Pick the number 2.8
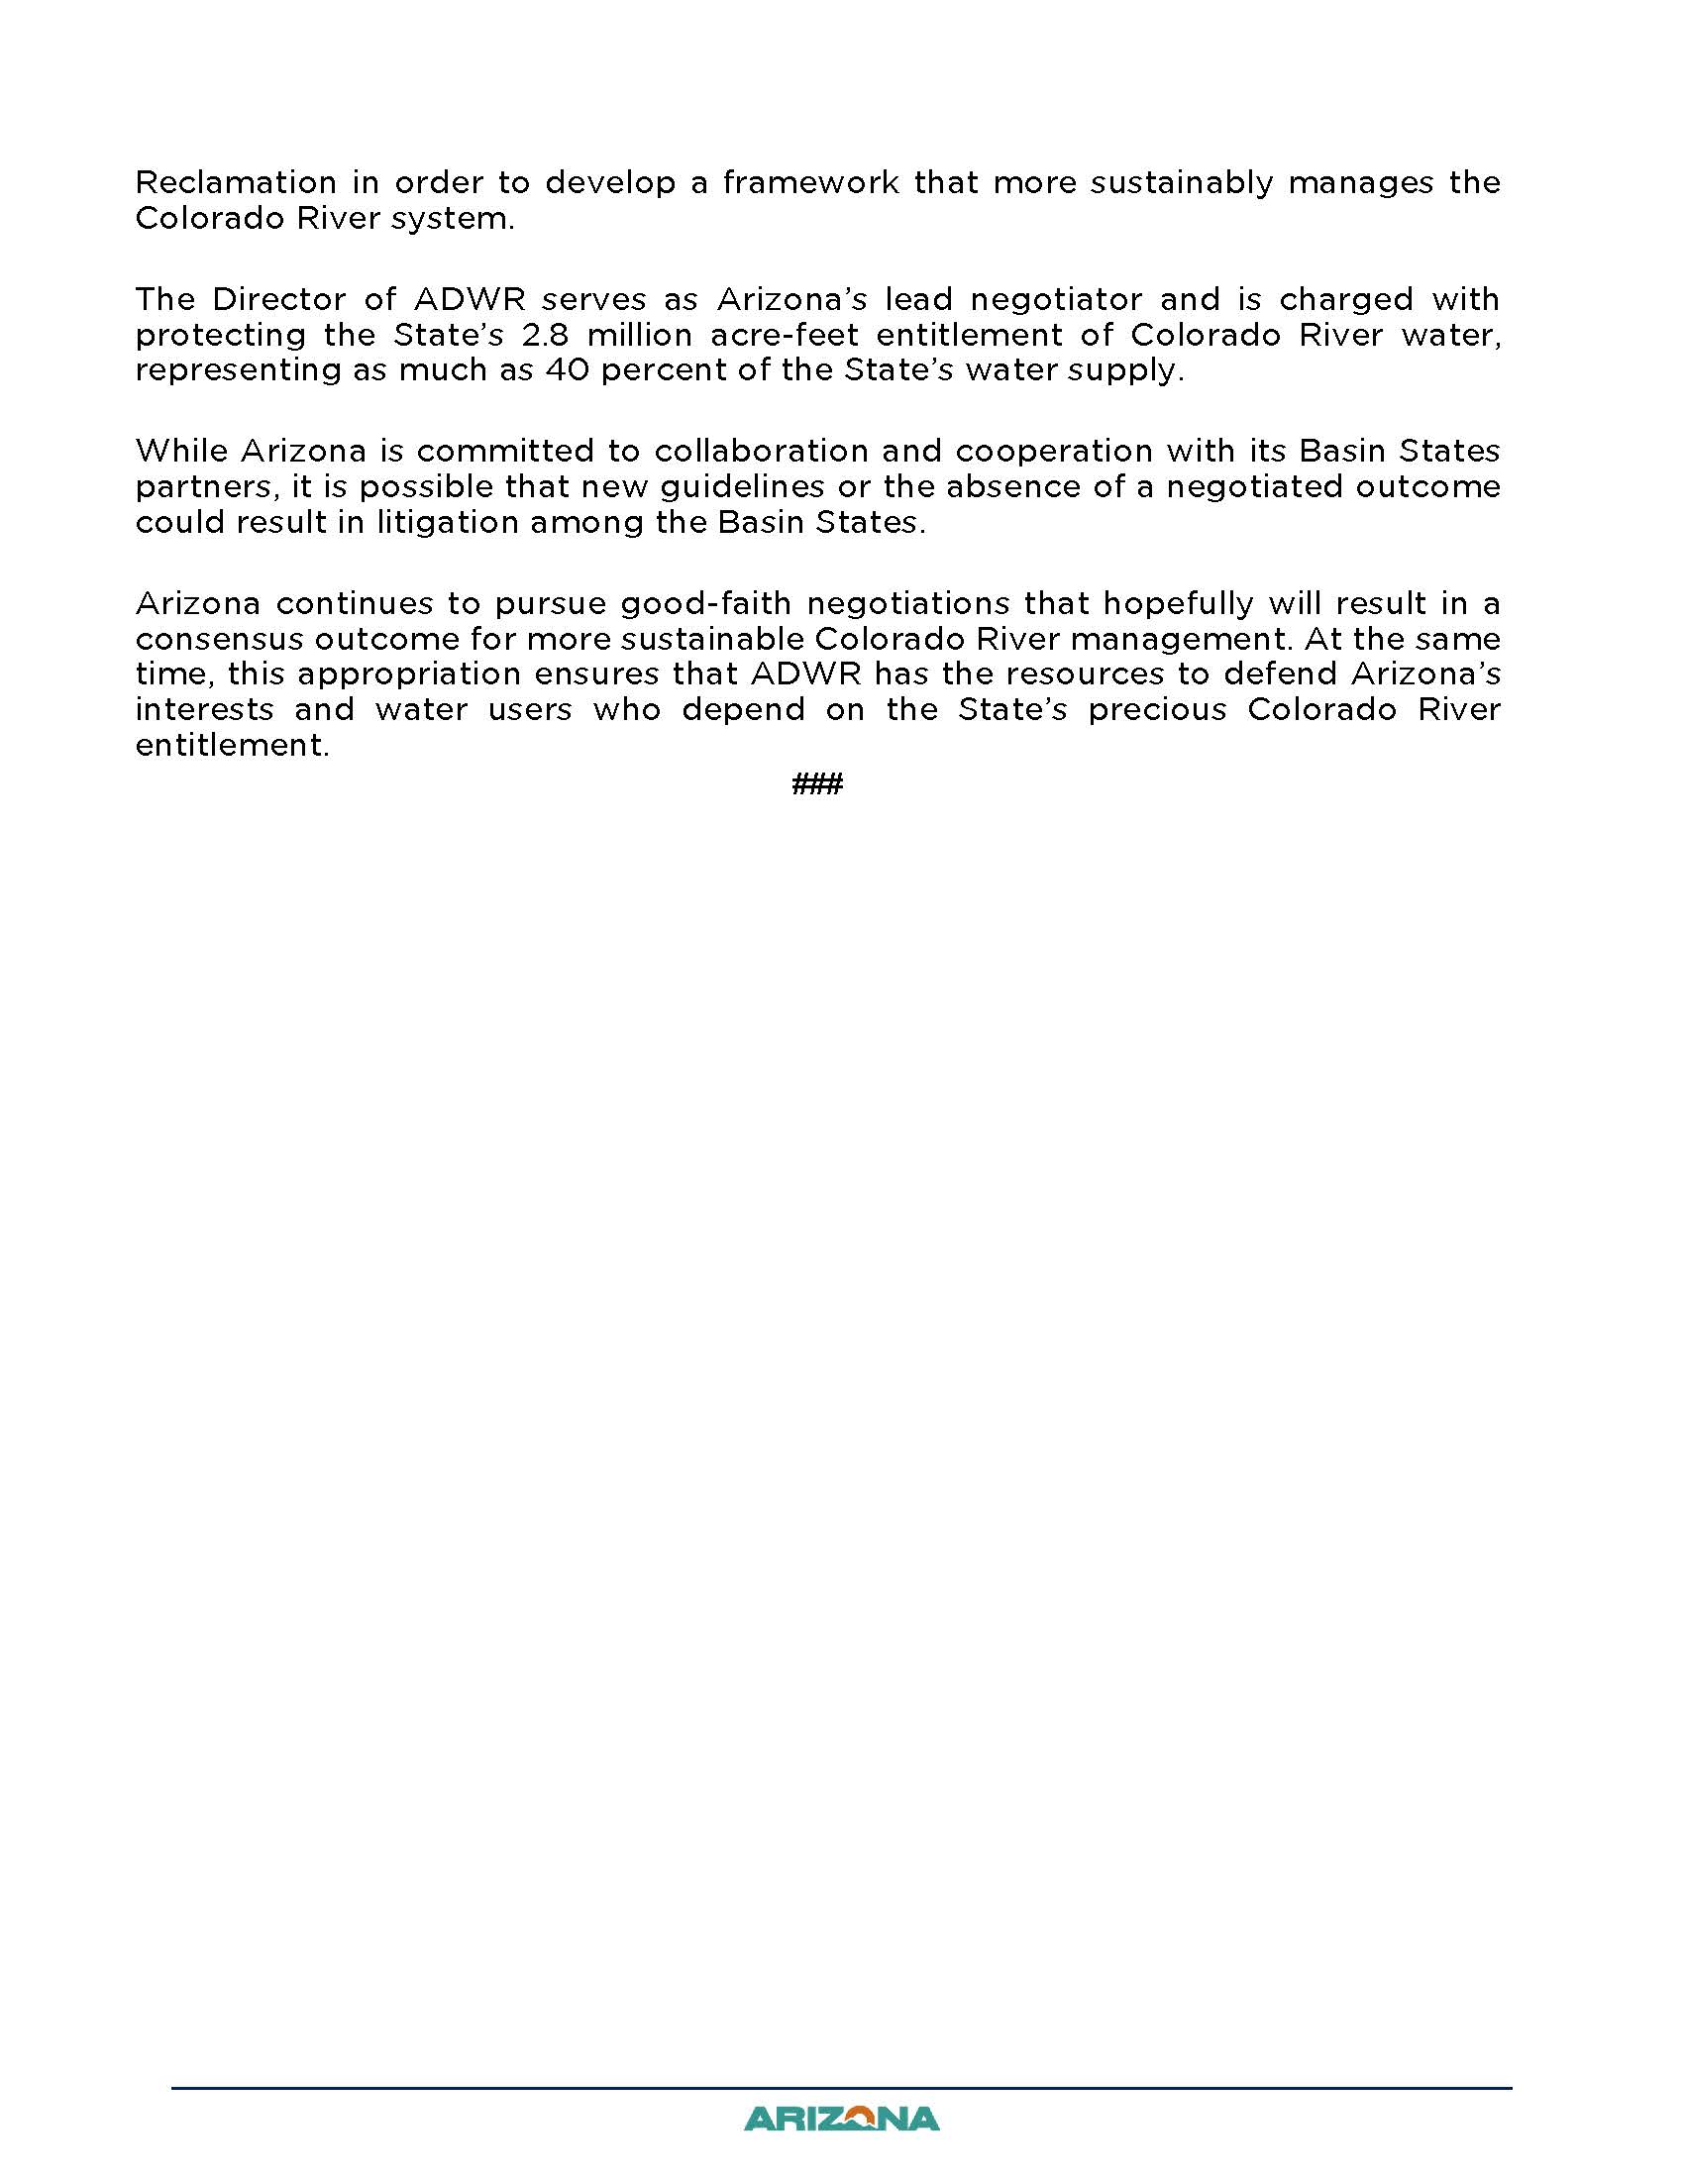545,335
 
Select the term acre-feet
785,335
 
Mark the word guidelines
741,488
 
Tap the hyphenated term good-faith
704,604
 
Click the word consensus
219,640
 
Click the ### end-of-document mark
817,783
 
